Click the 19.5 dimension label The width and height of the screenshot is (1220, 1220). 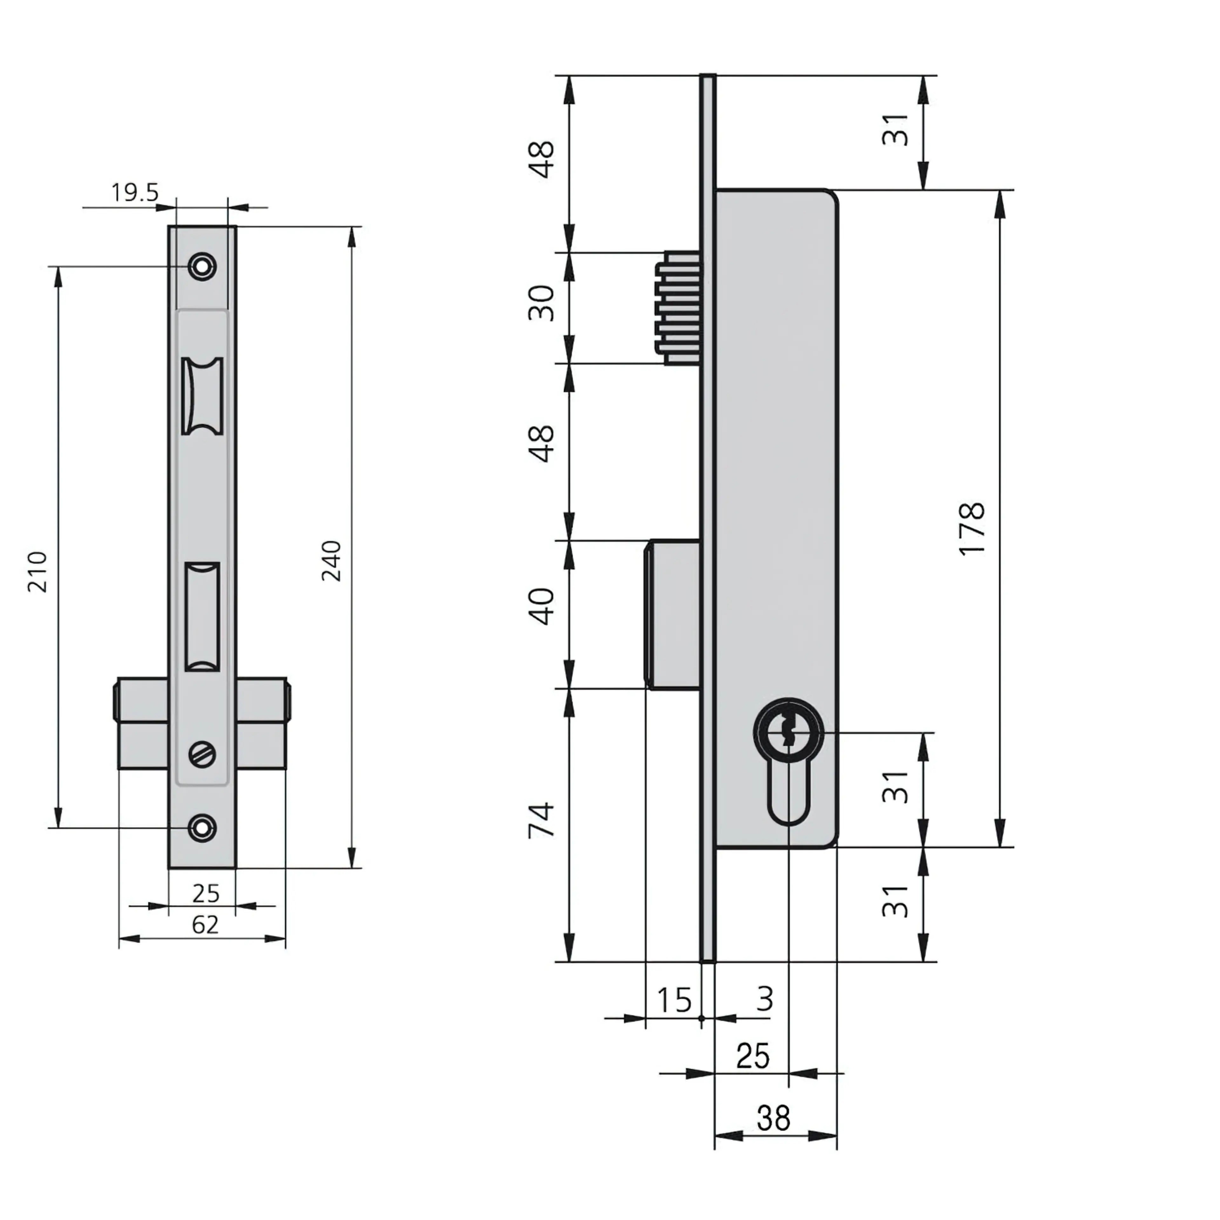[135, 192]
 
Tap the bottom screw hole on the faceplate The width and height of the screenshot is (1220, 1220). [202, 828]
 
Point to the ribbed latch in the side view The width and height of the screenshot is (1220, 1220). [679, 308]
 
